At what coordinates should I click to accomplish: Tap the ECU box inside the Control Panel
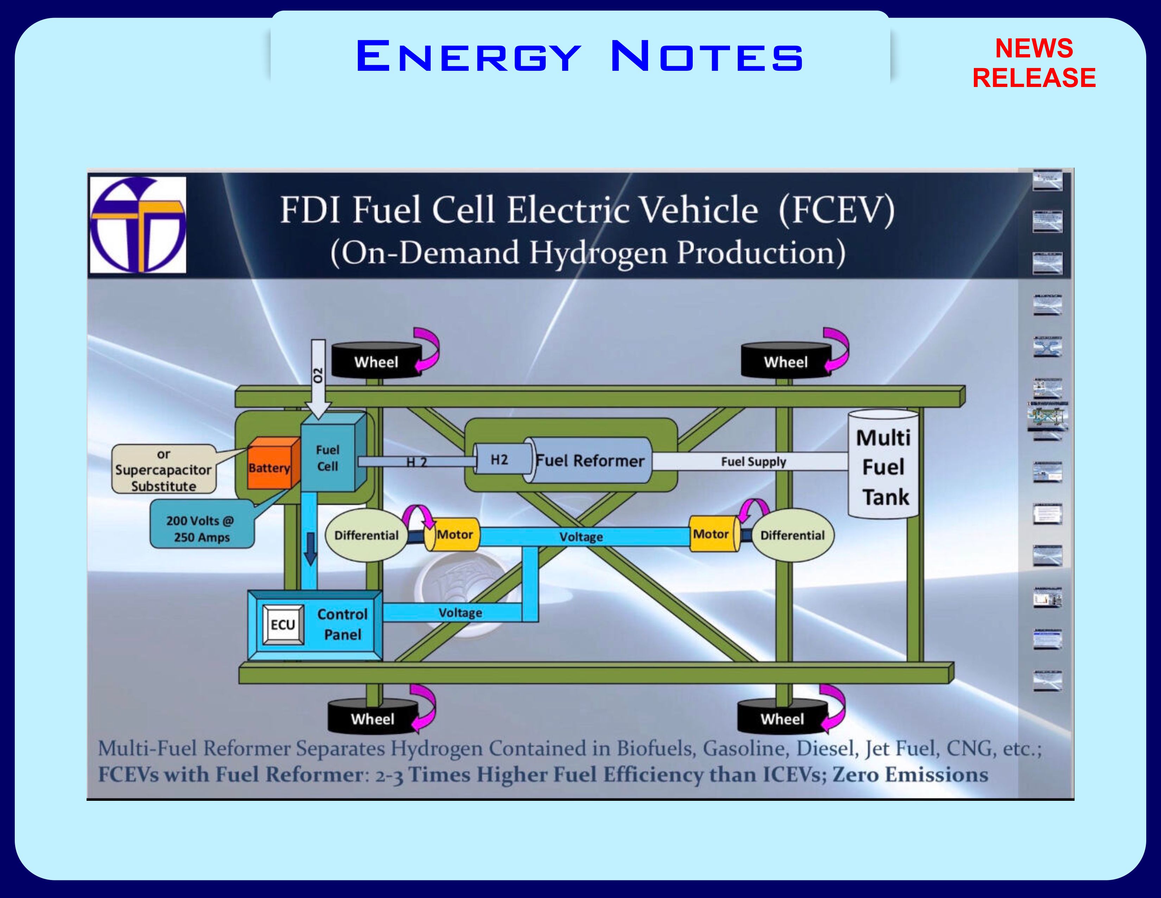[283, 625]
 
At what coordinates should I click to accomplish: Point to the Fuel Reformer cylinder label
[590, 461]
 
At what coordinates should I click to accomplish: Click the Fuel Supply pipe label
[753, 462]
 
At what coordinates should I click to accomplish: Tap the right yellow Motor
[712, 534]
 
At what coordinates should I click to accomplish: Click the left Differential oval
[366, 536]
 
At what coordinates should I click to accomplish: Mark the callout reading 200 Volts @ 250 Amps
[202, 529]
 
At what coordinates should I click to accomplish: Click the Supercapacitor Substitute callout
[164, 470]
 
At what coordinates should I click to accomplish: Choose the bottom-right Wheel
[782, 719]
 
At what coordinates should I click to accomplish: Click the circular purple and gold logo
[138, 225]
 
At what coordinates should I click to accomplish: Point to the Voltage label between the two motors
[581, 537]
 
